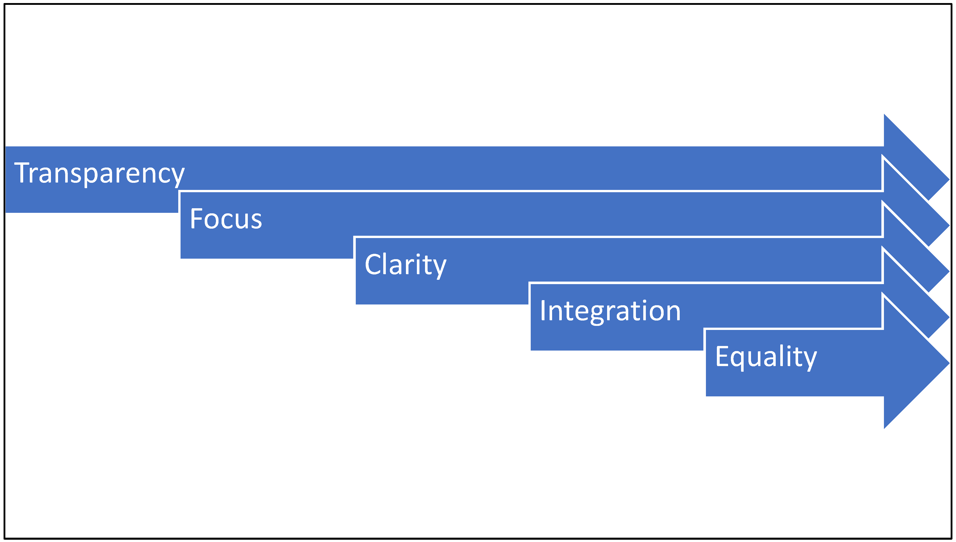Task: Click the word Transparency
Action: point(99,173)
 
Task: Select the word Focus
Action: point(226,219)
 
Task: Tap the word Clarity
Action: point(405,265)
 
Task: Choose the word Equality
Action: point(766,357)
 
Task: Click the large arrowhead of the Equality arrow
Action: point(912,363)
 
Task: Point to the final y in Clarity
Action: point(440,268)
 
